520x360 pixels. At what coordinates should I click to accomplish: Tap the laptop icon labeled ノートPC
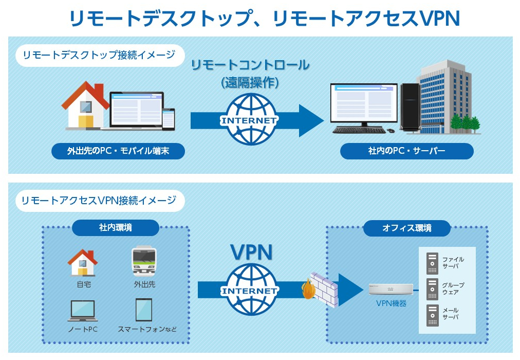(83, 311)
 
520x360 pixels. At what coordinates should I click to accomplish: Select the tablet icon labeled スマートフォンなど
(143, 310)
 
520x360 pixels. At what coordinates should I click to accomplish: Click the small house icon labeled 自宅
(83, 263)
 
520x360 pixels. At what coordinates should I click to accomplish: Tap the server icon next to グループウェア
(432, 289)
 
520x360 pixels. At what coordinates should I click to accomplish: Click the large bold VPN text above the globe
(251, 252)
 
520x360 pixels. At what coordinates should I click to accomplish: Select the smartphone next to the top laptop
(169, 119)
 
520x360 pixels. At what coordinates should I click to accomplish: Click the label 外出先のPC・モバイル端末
(118, 151)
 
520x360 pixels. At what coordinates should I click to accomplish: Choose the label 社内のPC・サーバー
(406, 151)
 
